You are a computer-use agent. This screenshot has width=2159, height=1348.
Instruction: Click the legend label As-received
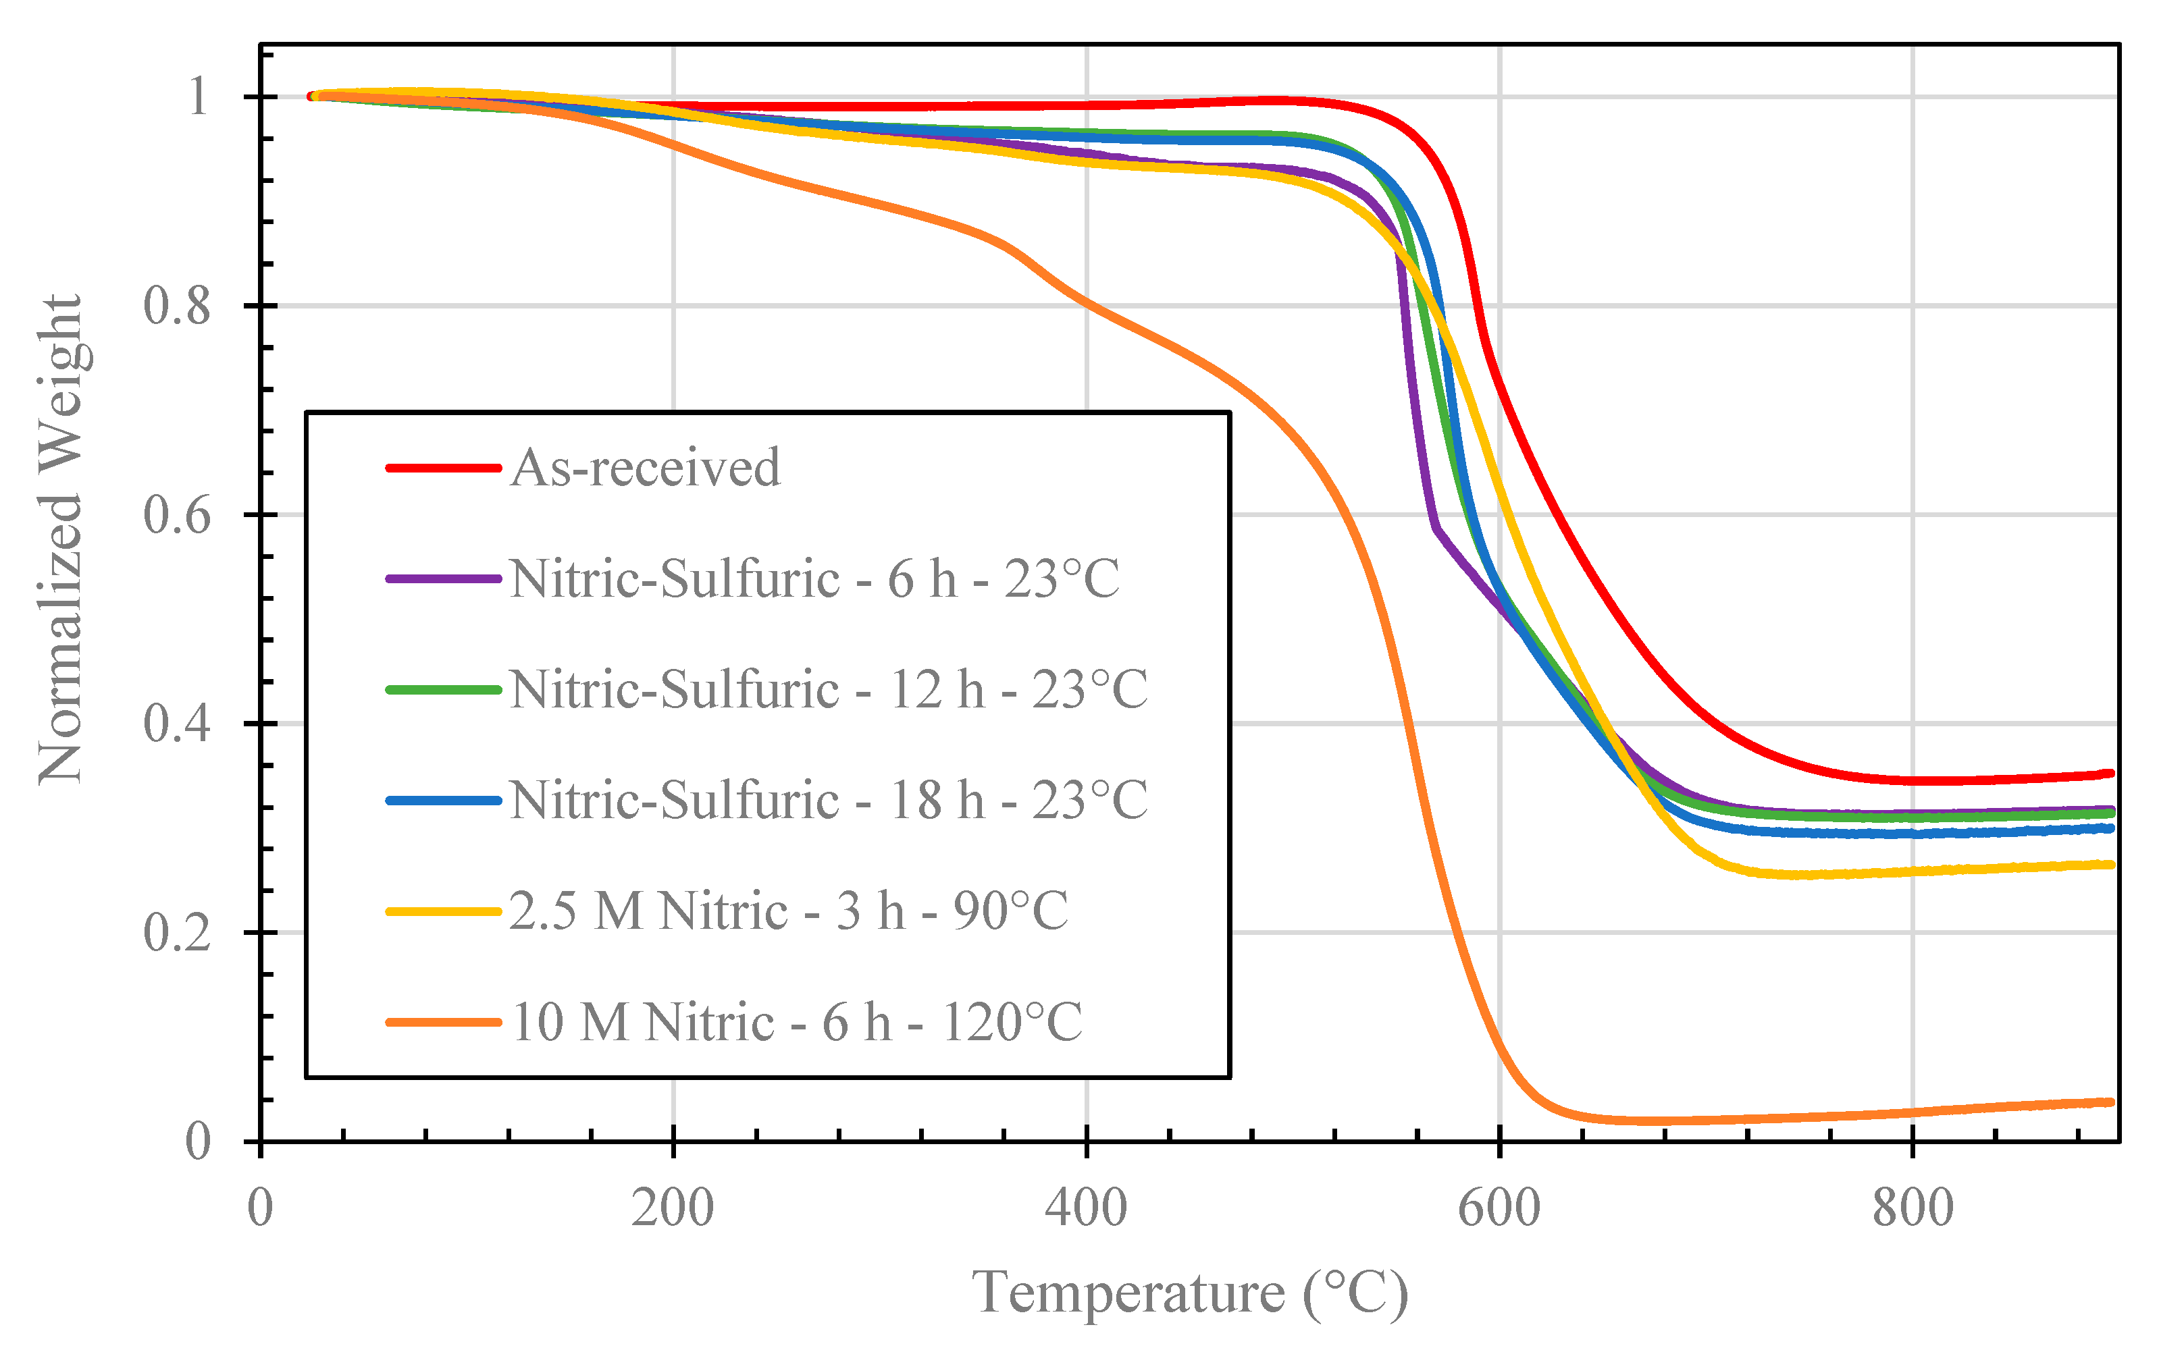click(645, 468)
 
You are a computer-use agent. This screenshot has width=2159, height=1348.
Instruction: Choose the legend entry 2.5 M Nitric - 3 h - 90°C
click(788, 911)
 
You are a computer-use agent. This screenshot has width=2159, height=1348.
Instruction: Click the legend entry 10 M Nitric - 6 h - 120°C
click(796, 1023)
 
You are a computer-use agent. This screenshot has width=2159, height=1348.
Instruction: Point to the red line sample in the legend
click(443, 468)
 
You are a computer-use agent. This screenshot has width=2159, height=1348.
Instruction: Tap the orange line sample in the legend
click(443, 1023)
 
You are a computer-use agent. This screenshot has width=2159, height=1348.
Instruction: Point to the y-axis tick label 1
click(198, 97)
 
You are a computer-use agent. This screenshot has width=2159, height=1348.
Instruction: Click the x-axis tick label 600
click(1499, 1209)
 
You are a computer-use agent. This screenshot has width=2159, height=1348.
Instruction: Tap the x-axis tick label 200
click(673, 1209)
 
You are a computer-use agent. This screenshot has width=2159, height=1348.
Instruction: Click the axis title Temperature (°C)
click(1190, 1293)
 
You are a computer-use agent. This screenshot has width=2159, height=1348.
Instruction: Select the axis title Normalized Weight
click(61, 539)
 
